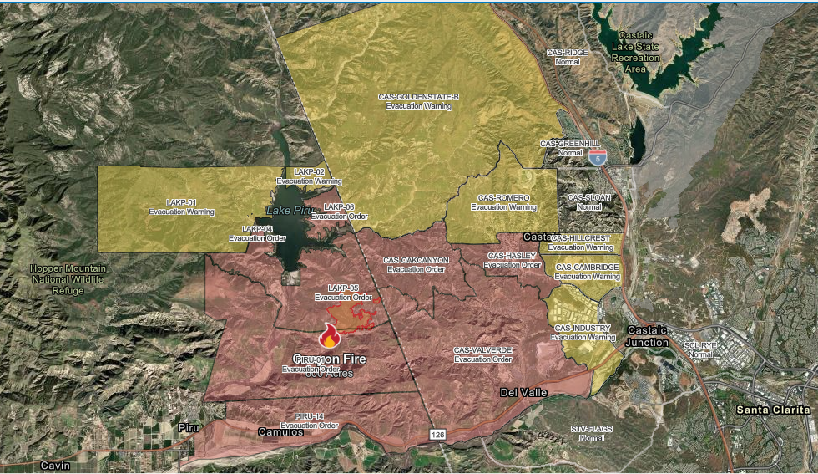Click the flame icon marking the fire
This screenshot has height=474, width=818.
click(x=330, y=336)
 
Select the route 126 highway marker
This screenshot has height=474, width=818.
click(x=438, y=435)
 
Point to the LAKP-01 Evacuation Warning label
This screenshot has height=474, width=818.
click(x=181, y=207)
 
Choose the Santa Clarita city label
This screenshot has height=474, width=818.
click(x=773, y=410)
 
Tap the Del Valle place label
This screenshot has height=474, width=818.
click(x=523, y=392)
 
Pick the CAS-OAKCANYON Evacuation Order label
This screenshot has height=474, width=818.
click(x=417, y=264)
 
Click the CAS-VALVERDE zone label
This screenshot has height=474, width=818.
click(x=482, y=354)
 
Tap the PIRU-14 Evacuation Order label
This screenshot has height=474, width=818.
click(x=309, y=420)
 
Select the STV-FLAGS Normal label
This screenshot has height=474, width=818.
click(x=592, y=433)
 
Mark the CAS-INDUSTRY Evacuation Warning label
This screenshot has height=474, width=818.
click(x=583, y=333)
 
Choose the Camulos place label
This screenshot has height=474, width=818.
click(x=280, y=432)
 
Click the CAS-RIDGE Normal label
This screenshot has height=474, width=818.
click(x=567, y=57)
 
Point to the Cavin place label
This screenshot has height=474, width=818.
click(x=55, y=465)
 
